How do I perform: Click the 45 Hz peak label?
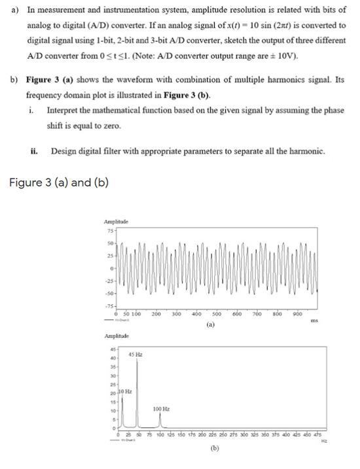click(137, 354)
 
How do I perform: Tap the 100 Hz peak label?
click(162, 409)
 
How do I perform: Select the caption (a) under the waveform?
click(211, 324)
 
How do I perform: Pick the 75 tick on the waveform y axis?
click(109, 230)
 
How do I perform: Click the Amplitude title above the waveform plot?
click(117, 222)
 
